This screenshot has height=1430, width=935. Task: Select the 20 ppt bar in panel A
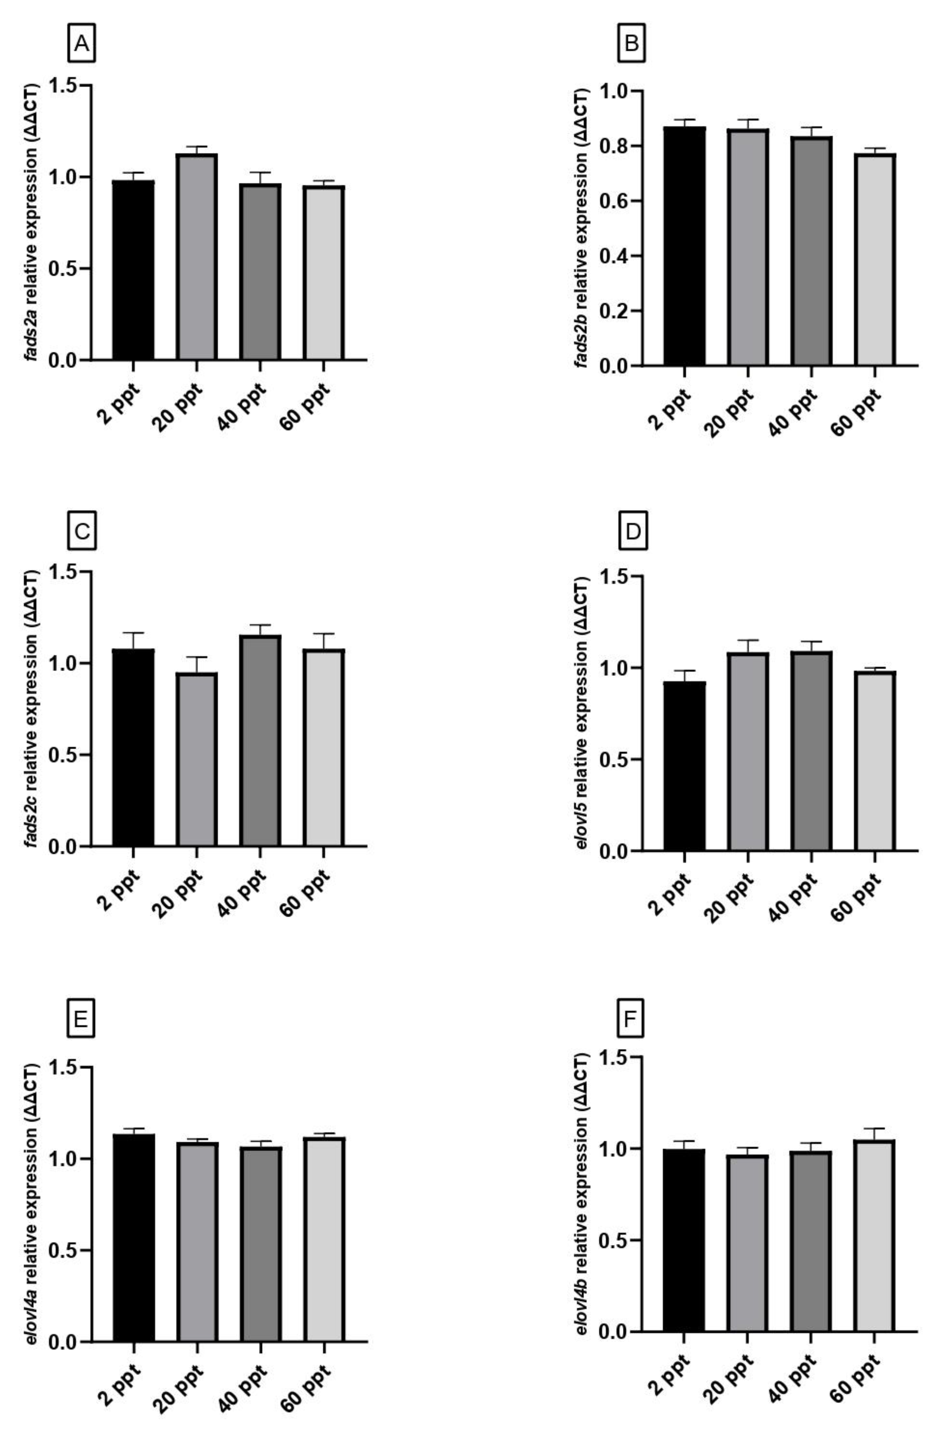tap(197, 257)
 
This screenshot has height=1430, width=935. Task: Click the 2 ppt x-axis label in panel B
tap(669, 408)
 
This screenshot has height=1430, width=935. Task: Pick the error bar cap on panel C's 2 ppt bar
tap(133, 633)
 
